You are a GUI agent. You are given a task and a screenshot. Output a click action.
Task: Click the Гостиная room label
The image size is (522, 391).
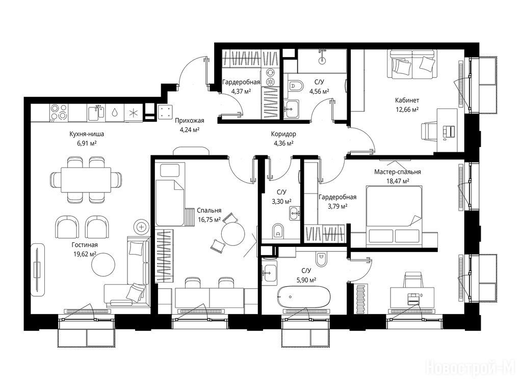pos(85,245)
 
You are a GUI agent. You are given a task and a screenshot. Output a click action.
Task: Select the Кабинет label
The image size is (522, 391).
pos(407,100)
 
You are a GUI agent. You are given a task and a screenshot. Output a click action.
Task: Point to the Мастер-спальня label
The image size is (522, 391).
pos(398,172)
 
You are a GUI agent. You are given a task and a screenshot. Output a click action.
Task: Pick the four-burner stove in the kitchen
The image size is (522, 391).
pos(59,112)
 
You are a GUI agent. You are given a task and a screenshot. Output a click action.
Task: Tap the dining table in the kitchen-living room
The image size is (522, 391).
pos(86,180)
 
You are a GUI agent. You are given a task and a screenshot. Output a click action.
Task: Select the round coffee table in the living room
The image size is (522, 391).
pos(103,264)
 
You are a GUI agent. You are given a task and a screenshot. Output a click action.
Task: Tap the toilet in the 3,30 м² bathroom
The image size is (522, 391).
pos(278,231)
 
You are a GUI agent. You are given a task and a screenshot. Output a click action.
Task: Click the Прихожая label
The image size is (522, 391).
pos(190,121)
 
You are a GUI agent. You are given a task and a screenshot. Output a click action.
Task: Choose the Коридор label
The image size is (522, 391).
pos(283,134)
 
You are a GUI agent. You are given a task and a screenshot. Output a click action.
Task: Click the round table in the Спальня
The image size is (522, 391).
pos(233,233)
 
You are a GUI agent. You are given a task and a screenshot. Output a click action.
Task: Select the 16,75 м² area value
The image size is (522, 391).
pos(209,220)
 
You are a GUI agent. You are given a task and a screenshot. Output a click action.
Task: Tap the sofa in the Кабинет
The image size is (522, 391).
pos(413,64)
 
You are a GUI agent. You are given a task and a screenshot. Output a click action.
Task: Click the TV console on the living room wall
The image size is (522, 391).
pos(38,270)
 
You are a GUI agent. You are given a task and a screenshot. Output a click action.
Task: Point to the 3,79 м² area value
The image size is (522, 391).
pos(337,206)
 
